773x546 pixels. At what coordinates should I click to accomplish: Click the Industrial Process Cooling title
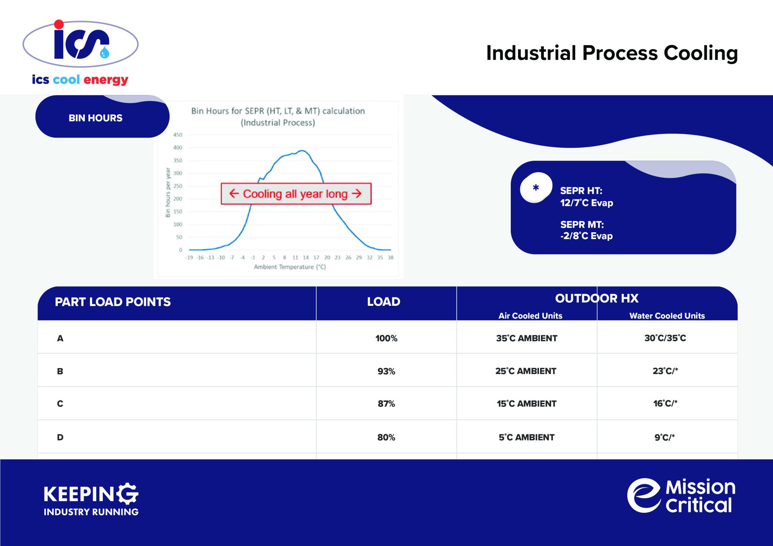pos(611,53)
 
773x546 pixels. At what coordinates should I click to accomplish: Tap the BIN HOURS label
pos(95,118)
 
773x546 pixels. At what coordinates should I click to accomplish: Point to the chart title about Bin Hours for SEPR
pos(278,117)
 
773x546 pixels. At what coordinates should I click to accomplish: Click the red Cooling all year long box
pos(296,194)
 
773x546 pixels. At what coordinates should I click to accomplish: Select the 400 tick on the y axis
pos(177,147)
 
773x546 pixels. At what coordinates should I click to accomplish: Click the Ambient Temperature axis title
pos(289,267)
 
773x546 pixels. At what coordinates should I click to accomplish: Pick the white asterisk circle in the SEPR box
pos(536,187)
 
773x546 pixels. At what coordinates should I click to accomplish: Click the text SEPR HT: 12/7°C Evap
pos(586,196)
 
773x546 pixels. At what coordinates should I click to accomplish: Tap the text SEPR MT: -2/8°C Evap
pos(586,230)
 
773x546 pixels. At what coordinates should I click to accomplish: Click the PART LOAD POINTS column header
pos(113,302)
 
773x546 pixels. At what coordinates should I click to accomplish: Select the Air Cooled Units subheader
pos(530,316)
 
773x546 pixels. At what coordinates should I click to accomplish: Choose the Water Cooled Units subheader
pos(667,316)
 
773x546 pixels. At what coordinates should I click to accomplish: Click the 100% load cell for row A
pos(386,338)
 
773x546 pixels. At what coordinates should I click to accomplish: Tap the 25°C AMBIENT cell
pos(526,371)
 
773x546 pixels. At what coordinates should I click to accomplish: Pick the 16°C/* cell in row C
pos(665,403)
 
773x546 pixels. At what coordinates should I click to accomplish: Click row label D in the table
pos(60,437)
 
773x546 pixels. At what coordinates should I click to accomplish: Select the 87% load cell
pos(386,404)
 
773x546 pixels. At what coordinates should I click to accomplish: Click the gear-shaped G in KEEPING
pos(127,494)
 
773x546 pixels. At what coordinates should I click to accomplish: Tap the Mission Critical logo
pos(682,495)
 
